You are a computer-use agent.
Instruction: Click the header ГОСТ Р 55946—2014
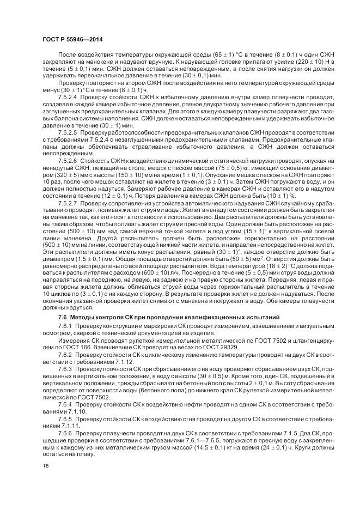coord(72,40)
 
